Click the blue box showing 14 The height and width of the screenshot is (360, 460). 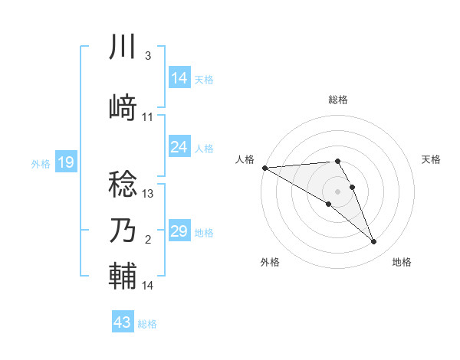179,78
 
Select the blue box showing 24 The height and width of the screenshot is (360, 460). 179,147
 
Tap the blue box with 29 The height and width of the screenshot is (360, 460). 179,231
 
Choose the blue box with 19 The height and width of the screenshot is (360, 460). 65,162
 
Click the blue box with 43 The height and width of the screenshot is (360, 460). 122,322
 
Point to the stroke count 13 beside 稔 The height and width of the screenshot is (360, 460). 149,194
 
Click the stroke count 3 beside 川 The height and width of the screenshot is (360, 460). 147,56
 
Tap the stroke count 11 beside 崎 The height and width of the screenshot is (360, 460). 148,117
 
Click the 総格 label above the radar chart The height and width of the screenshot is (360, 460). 338,100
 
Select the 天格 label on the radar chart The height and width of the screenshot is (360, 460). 432,159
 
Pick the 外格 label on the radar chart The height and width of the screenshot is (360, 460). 270,262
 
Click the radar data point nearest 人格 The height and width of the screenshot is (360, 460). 264,168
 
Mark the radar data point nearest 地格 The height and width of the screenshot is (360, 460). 374,242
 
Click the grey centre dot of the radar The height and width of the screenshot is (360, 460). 338,191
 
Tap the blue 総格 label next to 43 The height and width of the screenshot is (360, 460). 147,324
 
